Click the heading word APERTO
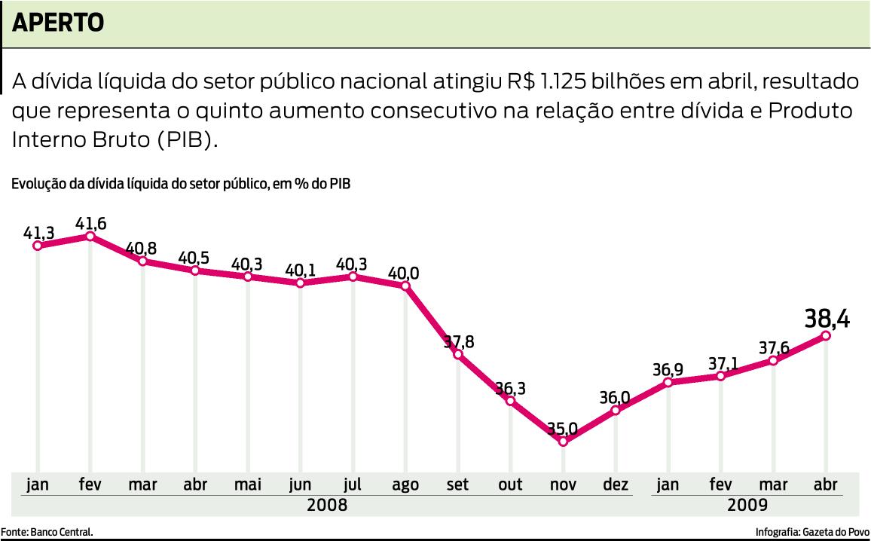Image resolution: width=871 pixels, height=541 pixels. [x=59, y=23]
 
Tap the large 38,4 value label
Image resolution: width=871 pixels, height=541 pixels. [x=827, y=319]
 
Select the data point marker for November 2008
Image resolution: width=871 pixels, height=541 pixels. [x=563, y=442]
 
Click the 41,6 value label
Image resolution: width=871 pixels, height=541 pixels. [x=90, y=223]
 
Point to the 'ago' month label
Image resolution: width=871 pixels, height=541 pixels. [x=405, y=484]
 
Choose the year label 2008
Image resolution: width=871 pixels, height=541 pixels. [x=328, y=505]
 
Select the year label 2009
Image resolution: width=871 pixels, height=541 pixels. [x=747, y=505]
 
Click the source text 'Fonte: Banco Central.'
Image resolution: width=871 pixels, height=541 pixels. [x=47, y=532]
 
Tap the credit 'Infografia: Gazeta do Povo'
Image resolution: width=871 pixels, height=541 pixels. [x=812, y=532]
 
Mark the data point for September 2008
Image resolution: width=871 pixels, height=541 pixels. [x=458, y=353]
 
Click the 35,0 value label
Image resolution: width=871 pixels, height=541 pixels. [x=562, y=429]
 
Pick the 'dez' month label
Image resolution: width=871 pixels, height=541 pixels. [x=616, y=484]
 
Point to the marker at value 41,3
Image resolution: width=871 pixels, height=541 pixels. [x=38, y=246]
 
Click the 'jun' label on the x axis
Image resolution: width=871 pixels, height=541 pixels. [x=300, y=484]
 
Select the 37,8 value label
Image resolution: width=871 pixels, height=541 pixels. [x=458, y=341]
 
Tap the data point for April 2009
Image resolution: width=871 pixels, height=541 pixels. [x=826, y=335]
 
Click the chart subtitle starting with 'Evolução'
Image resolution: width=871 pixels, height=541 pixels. [x=181, y=183]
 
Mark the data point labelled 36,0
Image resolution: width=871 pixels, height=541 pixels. [x=616, y=411]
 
